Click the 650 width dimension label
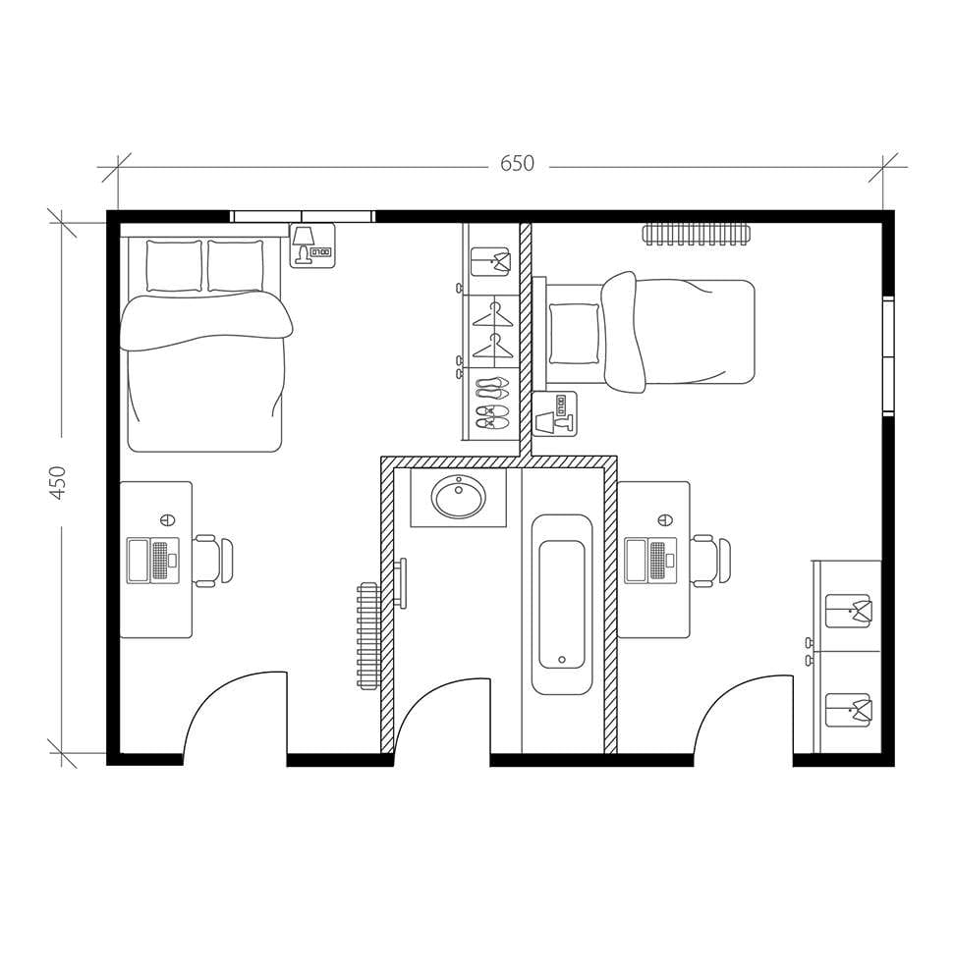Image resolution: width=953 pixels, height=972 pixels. [x=517, y=164]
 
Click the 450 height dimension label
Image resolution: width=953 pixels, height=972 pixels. [x=58, y=482]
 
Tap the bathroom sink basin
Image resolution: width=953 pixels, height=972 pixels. [x=459, y=498]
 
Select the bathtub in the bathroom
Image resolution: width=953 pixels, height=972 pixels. [x=562, y=604]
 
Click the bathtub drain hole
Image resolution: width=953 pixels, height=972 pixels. [x=562, y=660]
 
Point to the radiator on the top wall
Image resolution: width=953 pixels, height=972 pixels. [x=696, y=234]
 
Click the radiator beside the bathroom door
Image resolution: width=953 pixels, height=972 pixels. [x=368, y=635]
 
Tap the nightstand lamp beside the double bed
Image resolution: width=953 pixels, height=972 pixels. [x=304, y=239]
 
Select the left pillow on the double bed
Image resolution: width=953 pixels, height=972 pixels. [x=174, y=265]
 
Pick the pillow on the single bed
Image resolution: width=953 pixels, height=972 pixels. [x=574, y=334]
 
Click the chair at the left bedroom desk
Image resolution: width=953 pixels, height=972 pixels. [x=213, y=561]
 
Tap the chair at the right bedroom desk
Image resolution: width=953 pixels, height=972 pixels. [x=710, y=561]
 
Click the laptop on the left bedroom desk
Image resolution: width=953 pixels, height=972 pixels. [x=152, y=561]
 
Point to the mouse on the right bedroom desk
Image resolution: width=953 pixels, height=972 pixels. [x=665, y=519]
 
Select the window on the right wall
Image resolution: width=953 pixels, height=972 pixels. [x=888, y=355]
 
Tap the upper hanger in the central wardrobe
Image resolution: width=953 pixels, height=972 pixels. [x=492, y=316]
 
